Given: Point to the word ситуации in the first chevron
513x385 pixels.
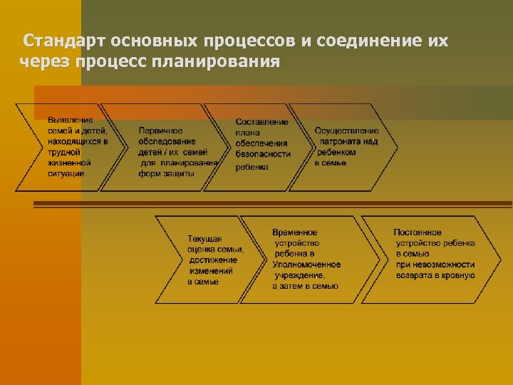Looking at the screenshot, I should pos(66,173).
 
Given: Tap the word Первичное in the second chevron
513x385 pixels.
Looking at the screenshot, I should pos(160,131).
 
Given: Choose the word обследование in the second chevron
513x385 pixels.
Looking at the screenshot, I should pos(167,142).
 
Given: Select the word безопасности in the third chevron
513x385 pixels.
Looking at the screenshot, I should pos(263,153).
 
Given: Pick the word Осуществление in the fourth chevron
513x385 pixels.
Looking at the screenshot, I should pos(346,130).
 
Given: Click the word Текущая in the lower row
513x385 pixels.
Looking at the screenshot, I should pos(204,238).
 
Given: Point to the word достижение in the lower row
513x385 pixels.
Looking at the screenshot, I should pos(213,260).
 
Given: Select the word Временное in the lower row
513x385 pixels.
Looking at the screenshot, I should pos(295,232).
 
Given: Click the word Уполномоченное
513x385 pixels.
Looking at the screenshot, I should pos(306,265).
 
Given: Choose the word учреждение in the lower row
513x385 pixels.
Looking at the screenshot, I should pos(300,275).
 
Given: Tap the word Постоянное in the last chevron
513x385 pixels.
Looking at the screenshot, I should pos(418,232).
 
